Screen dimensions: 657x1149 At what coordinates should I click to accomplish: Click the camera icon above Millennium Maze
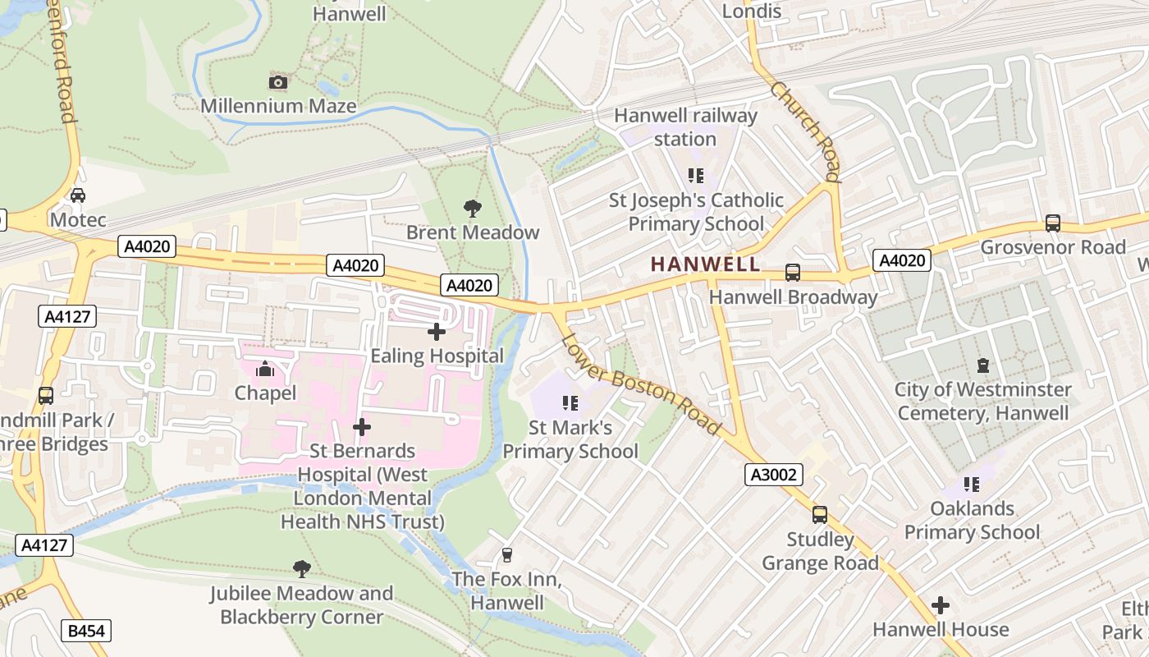point(278,82)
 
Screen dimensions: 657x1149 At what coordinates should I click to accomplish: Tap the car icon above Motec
point(78,195)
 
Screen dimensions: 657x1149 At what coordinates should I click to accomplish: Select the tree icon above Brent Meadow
point(473,208)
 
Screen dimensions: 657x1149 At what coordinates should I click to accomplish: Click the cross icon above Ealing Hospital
point(437,332)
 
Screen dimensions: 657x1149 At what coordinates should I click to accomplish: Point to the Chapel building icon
point(264,370)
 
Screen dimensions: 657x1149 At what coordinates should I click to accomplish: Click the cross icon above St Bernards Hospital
point(361,427)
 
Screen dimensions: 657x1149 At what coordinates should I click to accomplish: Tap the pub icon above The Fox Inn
point(506,555)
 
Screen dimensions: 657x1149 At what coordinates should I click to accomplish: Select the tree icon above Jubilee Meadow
point(302,568)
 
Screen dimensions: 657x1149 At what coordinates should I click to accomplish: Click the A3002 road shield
point(774,474)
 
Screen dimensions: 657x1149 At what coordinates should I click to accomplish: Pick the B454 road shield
point(86,630)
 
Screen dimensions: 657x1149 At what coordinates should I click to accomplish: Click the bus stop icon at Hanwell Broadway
point(792,272)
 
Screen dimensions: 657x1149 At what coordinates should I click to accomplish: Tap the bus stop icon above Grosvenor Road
point(1052,223)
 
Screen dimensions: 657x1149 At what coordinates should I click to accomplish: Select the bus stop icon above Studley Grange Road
point(819,515)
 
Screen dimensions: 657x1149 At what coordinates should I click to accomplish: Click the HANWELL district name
point(705,264)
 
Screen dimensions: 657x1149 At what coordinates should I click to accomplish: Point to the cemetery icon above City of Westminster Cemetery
point(982,365)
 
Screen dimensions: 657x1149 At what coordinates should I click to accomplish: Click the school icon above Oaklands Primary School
point(972,485)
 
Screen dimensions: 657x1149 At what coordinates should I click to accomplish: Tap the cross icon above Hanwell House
point(941,606)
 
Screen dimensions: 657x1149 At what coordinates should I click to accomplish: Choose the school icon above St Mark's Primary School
point(571,403)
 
